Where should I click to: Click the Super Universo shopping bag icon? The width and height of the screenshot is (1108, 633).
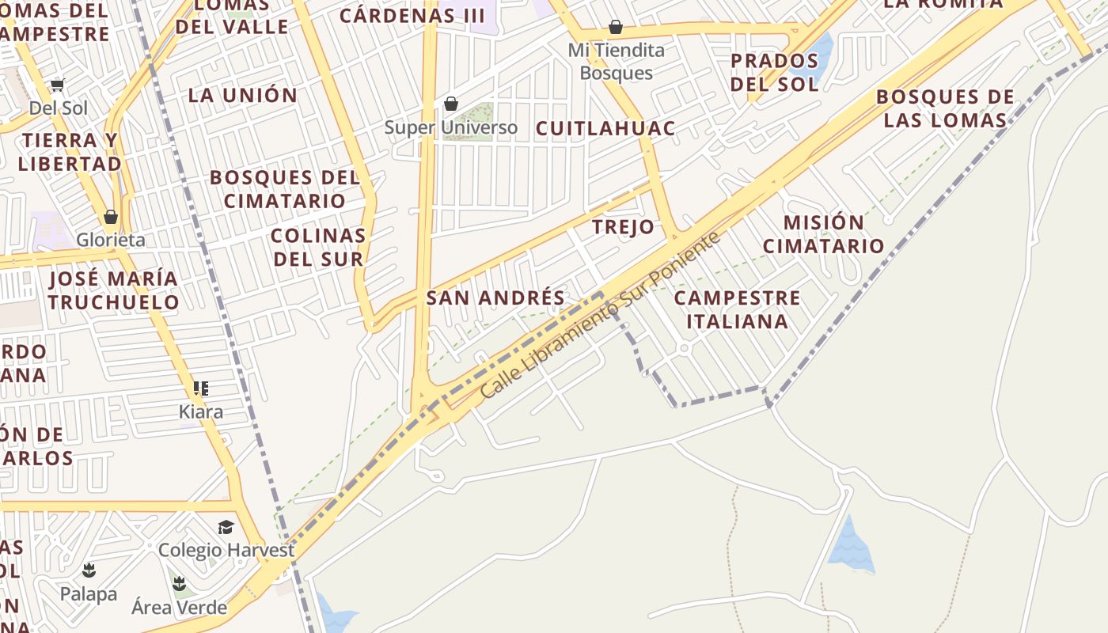click(451, 104)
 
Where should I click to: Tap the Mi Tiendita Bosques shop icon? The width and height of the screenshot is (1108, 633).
click(616, 28)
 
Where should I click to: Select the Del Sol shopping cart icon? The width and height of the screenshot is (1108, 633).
click(57, 85)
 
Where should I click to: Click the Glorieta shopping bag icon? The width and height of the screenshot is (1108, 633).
click(111, 217)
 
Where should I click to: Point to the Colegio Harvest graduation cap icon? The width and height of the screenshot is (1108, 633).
click(226, 527)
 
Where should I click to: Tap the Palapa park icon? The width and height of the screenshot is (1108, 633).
click(89, 570)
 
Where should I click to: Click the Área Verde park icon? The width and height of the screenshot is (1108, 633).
click(180, 584)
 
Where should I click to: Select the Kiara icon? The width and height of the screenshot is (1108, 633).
click(201, 389)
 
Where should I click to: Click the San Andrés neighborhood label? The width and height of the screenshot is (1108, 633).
click(495, 298)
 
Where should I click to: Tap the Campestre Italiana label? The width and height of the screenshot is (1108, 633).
click(737, 309)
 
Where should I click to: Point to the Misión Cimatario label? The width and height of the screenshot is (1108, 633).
click(823, 234)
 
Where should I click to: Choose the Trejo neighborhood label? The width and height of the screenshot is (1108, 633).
click(624, 228)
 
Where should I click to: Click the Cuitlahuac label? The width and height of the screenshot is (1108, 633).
click(605, 128)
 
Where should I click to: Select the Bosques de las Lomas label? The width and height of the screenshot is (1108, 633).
click(945, 108)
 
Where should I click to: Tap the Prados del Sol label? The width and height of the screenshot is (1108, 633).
click(774, 72)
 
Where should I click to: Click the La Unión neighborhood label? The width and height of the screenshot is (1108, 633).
click(243, 96)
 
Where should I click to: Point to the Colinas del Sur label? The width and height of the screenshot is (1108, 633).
click(318, 247)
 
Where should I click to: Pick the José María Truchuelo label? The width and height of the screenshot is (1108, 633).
click(113, 290)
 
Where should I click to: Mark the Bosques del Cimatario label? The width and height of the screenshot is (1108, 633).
click(285, 189)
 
